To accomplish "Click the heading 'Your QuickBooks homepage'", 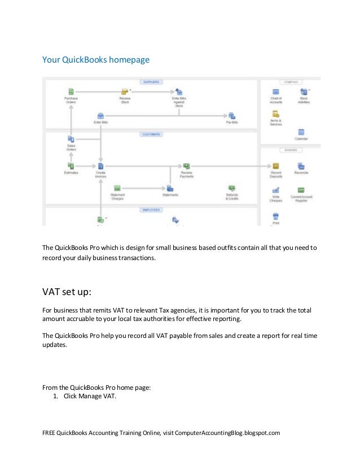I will coord(96,59).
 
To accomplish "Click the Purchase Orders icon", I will coord(71,91).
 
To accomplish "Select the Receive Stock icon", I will coord(125,91).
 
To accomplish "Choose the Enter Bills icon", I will coord(101,115).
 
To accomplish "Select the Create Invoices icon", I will coord(100,166).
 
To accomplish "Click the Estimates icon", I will coord(71,166).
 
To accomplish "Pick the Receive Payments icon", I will coord(186,166).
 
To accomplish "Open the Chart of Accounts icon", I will coord(276,91).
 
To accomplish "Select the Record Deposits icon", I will coord(276,166).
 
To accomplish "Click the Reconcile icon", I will coord(301,166).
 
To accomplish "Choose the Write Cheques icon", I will coord(276,190).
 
